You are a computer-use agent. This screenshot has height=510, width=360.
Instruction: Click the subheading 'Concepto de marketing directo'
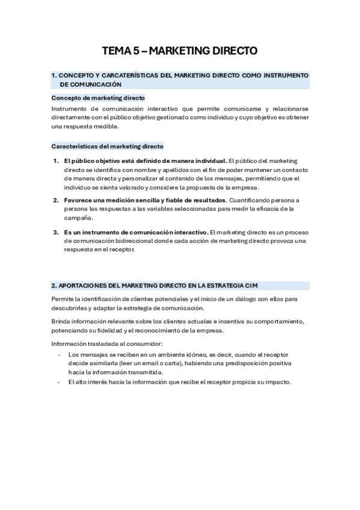[x=98, y=97]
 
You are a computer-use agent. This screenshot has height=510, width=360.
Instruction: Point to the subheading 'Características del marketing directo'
[x=107, y=146]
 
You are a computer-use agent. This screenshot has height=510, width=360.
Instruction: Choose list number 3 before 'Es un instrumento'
[x=55, y=232]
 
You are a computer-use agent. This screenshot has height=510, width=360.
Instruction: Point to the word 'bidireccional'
[x=132, y=241]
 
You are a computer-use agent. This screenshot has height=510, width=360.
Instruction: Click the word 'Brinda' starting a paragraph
[x=62, y=321]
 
